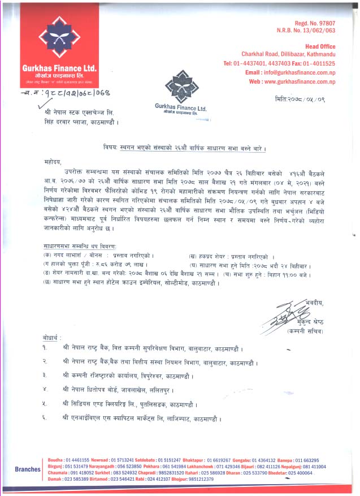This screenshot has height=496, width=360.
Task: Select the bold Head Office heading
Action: (x=320, y=46)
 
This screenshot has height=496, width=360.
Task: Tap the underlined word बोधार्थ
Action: (x=57, y=338)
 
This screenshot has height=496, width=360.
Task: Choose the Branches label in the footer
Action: (x=27, y=469)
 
